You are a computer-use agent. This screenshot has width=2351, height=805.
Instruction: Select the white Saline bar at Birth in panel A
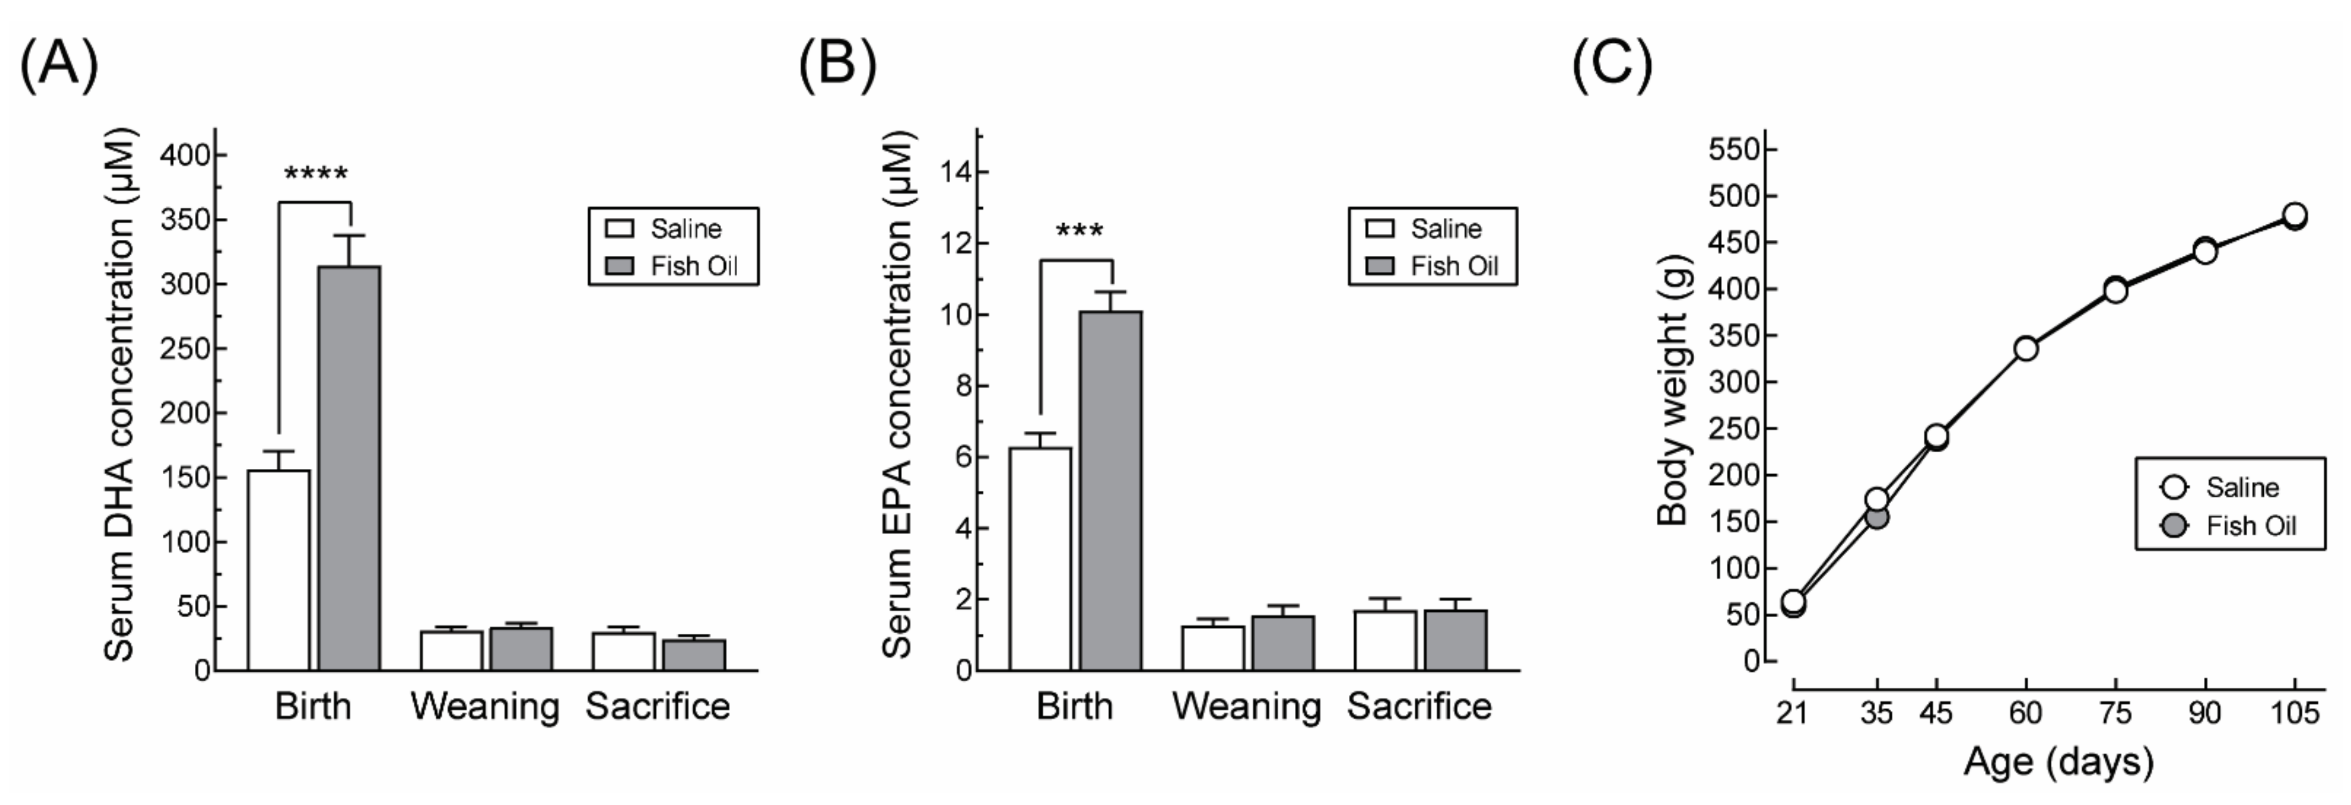click(x=278, y=571)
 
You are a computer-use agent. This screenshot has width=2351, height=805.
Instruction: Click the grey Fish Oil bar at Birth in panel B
click(x=1111, y=491)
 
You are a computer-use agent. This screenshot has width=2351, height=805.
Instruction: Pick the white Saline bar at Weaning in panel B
click(x=1213, y=648)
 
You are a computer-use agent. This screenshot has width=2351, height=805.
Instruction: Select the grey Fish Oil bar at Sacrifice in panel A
click(x=694, y=655)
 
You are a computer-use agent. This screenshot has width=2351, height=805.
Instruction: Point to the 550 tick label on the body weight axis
click(x=1733, y=149)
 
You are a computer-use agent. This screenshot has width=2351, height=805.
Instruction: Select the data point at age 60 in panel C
click(x=2026, y=348)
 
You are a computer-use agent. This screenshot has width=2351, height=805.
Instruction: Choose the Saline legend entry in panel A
click(x=671, y=228)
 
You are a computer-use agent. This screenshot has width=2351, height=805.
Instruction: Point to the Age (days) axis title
click(x=2058, y=761)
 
